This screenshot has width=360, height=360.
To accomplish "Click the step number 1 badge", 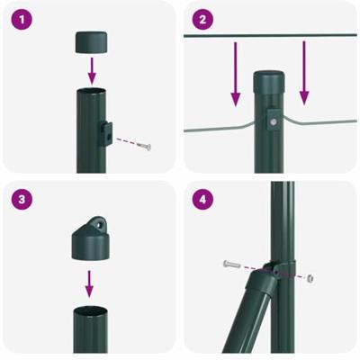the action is click(22, 20).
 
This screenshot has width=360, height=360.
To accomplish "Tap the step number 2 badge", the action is click(202, 20).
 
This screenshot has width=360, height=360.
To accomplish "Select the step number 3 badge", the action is click(22, 199).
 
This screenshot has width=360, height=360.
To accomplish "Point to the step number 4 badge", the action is click(202, 199).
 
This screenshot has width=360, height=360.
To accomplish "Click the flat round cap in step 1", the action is click(92, 42).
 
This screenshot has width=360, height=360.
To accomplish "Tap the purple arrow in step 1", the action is click(92, 70).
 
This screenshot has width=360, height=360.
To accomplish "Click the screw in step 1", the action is click(145, 146).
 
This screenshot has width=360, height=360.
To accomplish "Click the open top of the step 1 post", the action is click(92, 91).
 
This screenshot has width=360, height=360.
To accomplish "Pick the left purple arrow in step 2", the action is click(236, 74).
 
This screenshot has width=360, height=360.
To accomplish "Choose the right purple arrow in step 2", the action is click(304, 73).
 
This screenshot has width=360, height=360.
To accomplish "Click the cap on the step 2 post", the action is click(269, 82).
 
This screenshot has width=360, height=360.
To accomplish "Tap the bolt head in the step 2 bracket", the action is click(273, 121).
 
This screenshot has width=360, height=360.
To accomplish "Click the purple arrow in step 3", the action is click(89, 283).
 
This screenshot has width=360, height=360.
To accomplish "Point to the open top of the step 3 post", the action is click(91, 310).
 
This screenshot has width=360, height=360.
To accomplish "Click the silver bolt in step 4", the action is click(231, 265).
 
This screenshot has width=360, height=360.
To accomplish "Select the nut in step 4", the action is click(310, 278).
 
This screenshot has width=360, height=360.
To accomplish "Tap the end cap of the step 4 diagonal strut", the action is click(262, 280).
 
